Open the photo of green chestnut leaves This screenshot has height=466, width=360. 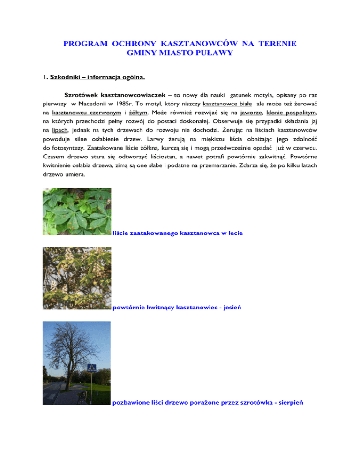click(77, 211)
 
